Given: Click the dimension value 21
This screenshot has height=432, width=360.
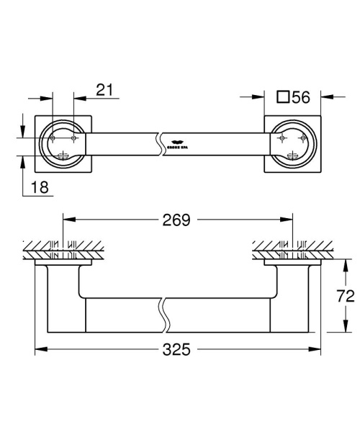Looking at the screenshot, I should [105, 89].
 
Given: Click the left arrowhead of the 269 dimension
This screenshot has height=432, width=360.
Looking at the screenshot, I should [68, 221].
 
